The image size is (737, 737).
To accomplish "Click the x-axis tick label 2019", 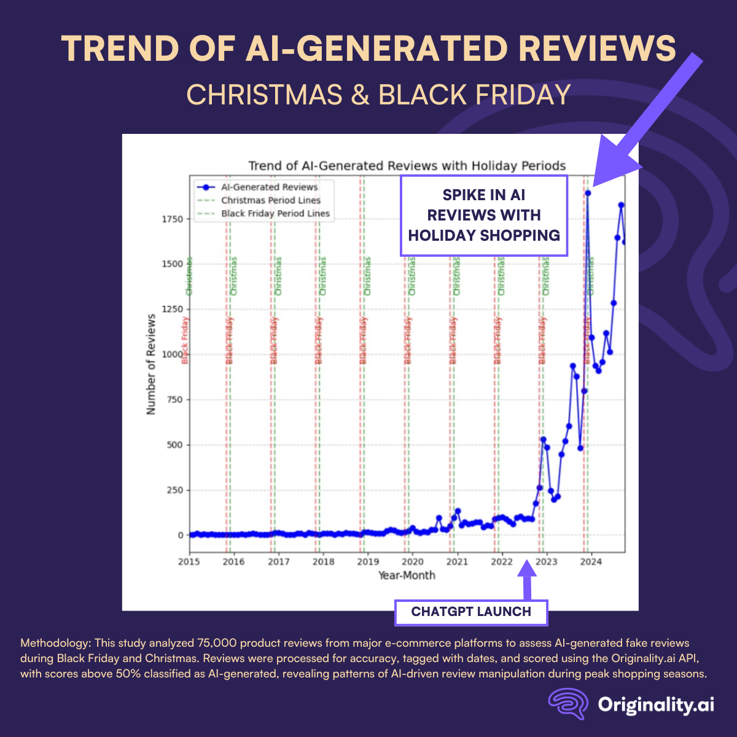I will coord(368,561).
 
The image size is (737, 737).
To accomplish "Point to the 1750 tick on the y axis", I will coord(173,219).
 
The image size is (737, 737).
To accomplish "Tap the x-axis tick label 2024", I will coord(591,561).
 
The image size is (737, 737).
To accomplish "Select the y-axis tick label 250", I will coord(176,490).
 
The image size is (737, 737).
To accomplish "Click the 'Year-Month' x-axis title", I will coord(407,575).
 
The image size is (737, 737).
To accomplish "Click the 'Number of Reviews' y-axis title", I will coord(151,364).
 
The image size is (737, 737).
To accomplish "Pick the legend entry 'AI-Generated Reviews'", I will coord(269,187).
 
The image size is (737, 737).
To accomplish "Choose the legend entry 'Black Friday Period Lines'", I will coord(275,214).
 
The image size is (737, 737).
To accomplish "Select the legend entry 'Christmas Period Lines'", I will coord(271,200).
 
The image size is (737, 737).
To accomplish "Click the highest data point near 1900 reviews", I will coord(588,193).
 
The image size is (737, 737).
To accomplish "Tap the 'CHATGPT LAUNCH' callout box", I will coord(471,612).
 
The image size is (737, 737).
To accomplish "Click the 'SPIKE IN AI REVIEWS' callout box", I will coord(484,215).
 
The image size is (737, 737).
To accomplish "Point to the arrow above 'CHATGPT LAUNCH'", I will coord(526,577).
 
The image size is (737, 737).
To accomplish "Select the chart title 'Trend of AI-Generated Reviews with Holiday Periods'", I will coord(407,166).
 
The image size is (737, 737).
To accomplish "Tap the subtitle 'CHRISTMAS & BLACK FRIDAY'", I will coord(378,95).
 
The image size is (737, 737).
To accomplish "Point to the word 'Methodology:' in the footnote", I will coord(55,643).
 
